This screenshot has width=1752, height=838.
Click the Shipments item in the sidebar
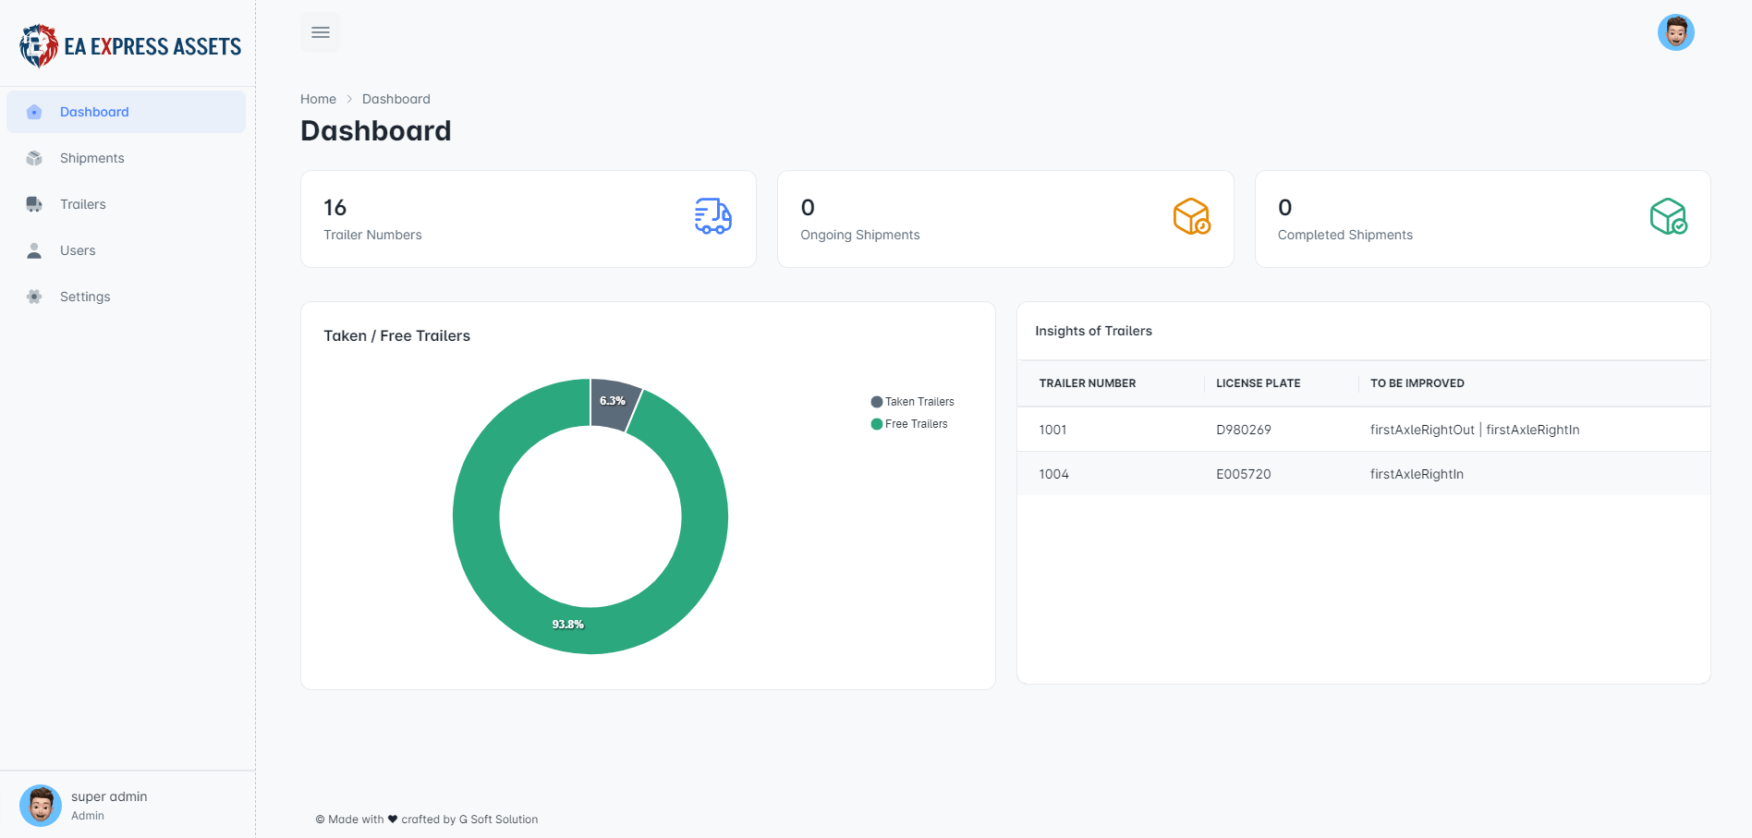pyautogui.click(x=91, y=158)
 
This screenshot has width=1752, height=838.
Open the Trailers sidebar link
pyautogui.click(x=82, y=204)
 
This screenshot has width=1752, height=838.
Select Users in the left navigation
pyautogui.click(x=78, y=250)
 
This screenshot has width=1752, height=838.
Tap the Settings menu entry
pyautogui.click(x=85, y=297)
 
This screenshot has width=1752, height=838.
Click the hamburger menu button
pyautogui.click(x=321, y=32)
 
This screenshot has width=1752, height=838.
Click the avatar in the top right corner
pyautogui.click(x=1675, y=32)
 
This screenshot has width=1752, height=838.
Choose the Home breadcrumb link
pyautogui.click(x=318, y=99)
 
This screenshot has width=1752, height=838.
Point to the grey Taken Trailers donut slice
pyautogui.click(x=614, y=404)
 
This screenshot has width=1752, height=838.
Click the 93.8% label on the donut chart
pyautogui.click(x=568, y=625)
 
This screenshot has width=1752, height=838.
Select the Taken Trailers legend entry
pyautogui.click(x=912, y=402)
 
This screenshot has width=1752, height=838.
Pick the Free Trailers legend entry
pyautogui.click(x=909, y=424)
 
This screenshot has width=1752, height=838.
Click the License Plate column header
pyautogui.click(x=1258, y=383)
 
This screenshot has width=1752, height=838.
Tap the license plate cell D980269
pyautogui.click(x=1244, y=430)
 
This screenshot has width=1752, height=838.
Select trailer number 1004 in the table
pyautogui.click(x=1053, y=474)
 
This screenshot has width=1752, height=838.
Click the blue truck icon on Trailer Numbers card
pyautogui.click(x=712, y=216)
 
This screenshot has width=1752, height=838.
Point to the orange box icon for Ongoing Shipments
pyautogui.click(x=1191, y=216)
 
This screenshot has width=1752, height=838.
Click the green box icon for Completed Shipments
pyautogui.click(x=1668, y=216)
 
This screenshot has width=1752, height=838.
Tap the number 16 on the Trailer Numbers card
pyautogui.click(x=335, y=208)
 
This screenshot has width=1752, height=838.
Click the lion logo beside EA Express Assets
pyautogui.click(x=39, y=46)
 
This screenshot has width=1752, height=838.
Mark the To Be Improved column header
pyautogui.click(x=1417, y=383)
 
